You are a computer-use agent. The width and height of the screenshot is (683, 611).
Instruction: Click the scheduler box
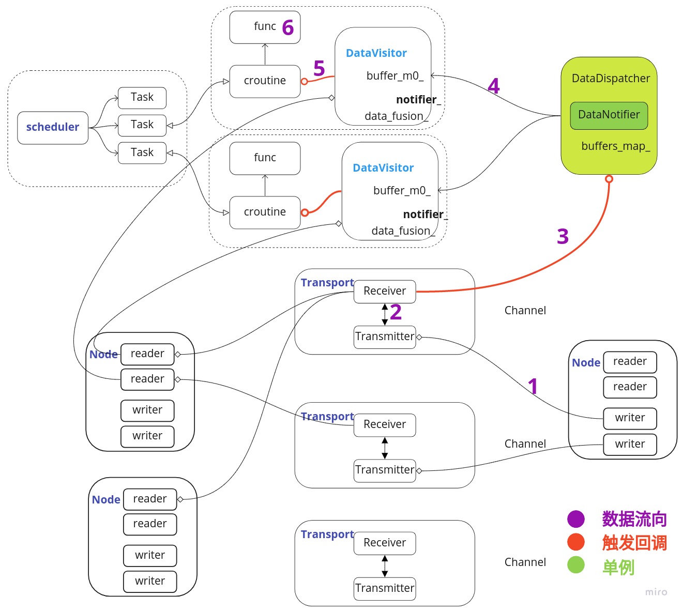pyautogui.click(x=53, y=127)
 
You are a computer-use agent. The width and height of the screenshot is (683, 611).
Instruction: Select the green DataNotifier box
pyautogui.click(x=609, y=115)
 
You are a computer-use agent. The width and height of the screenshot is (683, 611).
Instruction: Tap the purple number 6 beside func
pyautogui.click(x=288, y=27)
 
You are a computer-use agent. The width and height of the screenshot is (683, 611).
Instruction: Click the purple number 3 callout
pyautogui.click(x=563, y=237)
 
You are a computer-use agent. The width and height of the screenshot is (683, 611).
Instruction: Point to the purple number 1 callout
pyautogui.click(x=533, y=386)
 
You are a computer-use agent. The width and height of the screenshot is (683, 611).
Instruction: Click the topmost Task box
pyautogui.click(x=142, y=97)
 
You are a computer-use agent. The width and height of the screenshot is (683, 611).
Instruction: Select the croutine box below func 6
pyautogui.click(x=265, y=81)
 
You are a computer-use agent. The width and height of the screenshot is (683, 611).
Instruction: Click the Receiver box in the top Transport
pyautogui.click(x=385, y=291)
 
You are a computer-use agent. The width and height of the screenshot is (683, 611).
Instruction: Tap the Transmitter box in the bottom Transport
pyautogui.click(x=385, y=588)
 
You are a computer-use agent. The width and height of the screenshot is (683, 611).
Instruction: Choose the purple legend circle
pyautogui.click(x=575, y=519)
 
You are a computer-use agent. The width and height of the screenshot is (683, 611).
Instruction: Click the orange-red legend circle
pyautogui.click(x=575, y=542)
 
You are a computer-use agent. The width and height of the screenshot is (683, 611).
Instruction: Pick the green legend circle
pyautogui.click(x=575, y=565)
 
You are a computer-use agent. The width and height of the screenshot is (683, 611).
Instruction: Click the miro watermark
pyautogui.click(x=656, y=592)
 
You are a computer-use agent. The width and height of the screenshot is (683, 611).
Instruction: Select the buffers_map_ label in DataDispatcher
pyautogui.click(x=615, y=146)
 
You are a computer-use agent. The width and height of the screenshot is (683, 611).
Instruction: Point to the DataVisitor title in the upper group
pyautogui.click(x=376, y=53)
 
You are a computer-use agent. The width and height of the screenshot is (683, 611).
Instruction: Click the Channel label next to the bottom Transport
pyautogui.click(x=525, y=562)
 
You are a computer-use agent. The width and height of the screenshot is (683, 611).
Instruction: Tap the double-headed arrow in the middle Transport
pyautogui.click(x=385, y=448)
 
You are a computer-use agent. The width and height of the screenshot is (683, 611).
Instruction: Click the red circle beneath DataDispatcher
pyautogui.click(x=609, y=179)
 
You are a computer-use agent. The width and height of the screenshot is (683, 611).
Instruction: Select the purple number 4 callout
pyautogui.click(x=494, y=86)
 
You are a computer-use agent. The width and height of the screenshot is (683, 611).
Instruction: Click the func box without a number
pyautogui.click(x=265, y=158)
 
